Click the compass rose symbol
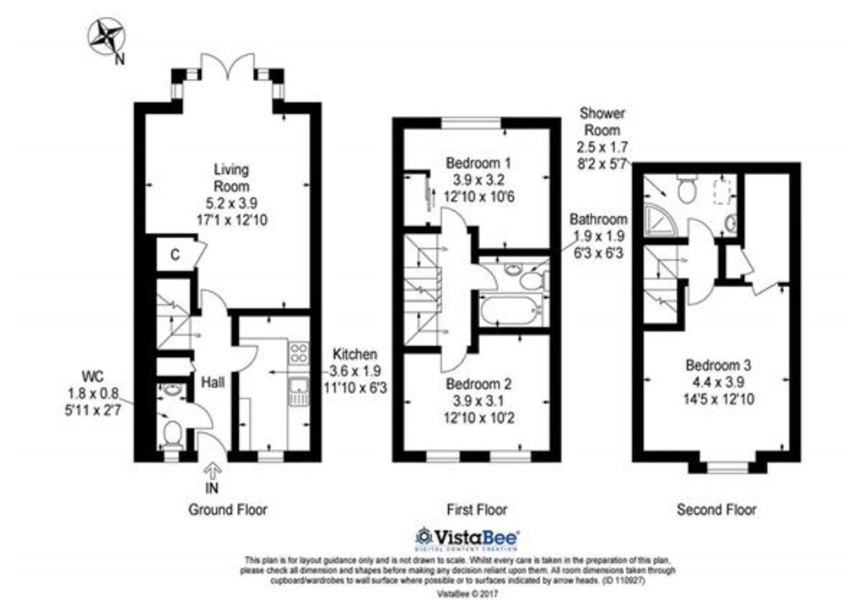click(105, 36)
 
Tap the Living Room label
click(232, 177)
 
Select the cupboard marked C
click(175, 255)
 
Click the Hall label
click(213, 382)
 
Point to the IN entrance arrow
click(213, 471)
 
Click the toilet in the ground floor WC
click(173, 432)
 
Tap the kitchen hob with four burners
click(300, 353)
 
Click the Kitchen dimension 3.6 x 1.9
click(355, 371)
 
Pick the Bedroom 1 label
click(478, 163)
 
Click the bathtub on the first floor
click(510, 311)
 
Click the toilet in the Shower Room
click(686, 189)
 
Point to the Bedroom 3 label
click(719, 365)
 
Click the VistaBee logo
click(467, 538)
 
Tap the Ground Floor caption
click(228, 510)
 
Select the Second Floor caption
click(717, 510)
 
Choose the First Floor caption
click(476, 510)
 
